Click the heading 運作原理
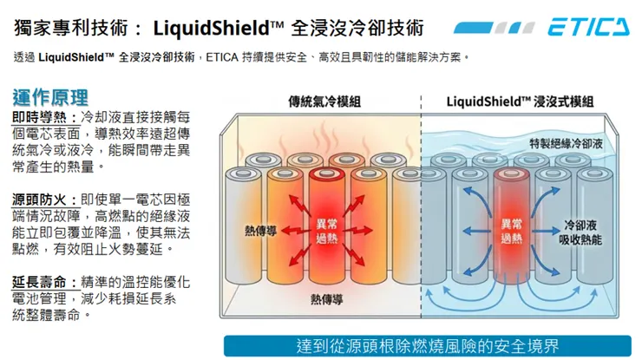pyautogui.click(x=50, y=95)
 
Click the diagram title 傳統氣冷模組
pyautogui.click(x=325, y=101)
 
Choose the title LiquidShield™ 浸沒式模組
pyautogui.click(x=521, y=101)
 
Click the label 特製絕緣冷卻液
pyautogui.click(x=565, y=141)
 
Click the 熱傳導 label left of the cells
pyautogui.click(x=260, y=231)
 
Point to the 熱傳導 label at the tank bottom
pyautogui.click(x=325, y=299)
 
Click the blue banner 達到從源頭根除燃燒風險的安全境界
pyautogui.click(x=428, y=345)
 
